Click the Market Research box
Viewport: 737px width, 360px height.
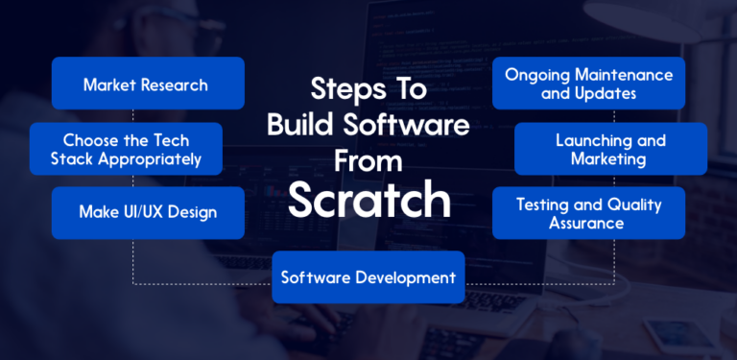pyautogui.click(x=148, y=84)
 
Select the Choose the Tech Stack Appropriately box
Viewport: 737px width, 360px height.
pyautogui.click(x=126, y=149)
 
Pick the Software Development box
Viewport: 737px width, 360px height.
pyautogui.click(x=368, y=278)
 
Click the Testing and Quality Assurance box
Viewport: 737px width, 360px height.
pyautogui.click(x=588, y=213)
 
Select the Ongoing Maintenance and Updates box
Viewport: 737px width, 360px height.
pyautogui.click(x=588, y=84)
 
